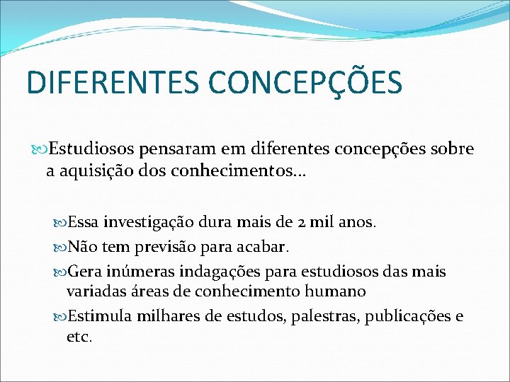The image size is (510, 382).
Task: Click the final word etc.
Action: point(79,337)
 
